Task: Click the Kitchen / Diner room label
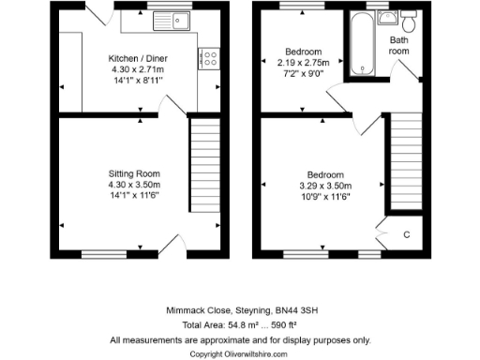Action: pos(133,58)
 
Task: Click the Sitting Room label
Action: pos(133,173)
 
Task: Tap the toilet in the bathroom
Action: pos(409,19)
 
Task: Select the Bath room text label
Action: pos(400,46)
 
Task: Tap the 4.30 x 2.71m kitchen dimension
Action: pos(133,69)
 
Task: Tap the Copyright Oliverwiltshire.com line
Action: pos(240,353)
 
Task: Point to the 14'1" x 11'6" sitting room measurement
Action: pos(133,196)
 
